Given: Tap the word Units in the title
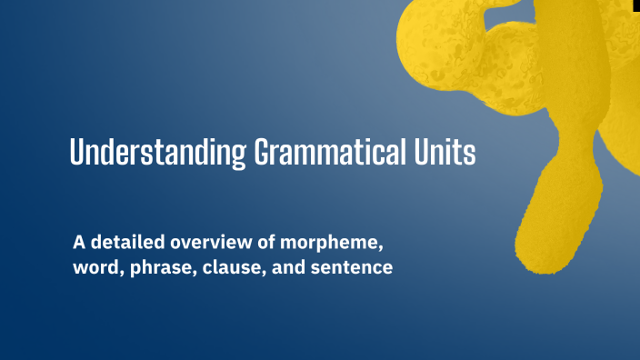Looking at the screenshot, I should pos(445,151).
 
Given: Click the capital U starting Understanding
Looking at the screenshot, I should pos(78,151).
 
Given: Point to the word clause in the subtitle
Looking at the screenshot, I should pos(239,269).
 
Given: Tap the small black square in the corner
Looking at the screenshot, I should pos(635,5).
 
